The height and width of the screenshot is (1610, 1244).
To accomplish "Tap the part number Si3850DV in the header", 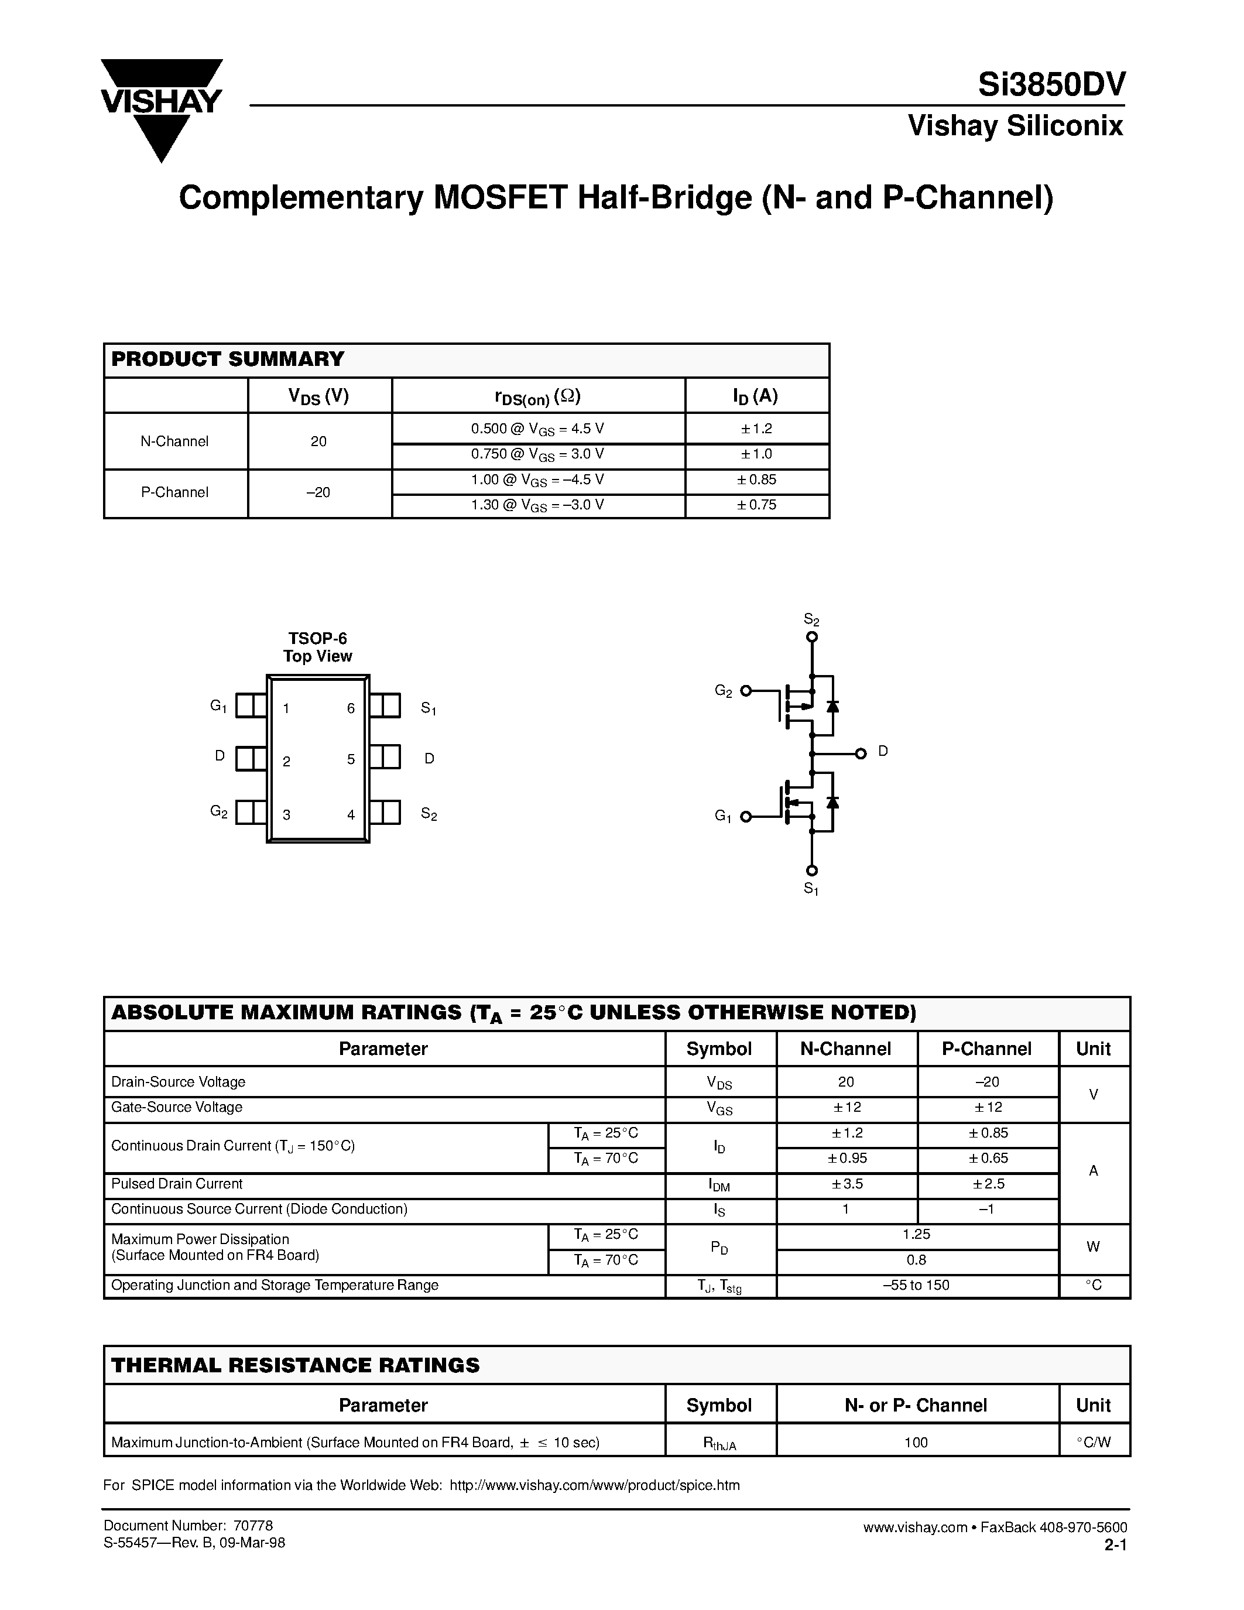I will click(1051, 85).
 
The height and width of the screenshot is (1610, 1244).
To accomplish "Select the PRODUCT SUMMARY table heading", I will click(228, 359).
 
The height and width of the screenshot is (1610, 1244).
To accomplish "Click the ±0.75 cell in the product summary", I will click(757, 505).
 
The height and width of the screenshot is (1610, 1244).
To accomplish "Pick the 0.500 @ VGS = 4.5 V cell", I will click(537, 429).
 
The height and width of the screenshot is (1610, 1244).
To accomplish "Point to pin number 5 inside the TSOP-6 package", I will click(351, 759).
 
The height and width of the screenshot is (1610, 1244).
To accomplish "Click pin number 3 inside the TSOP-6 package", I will click(287, 814).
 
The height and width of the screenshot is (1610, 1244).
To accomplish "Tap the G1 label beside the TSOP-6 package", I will click(218, 706).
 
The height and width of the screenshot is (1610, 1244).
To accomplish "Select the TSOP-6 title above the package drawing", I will click(318, 638).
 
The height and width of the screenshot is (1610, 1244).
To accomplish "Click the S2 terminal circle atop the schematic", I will click(811, 637).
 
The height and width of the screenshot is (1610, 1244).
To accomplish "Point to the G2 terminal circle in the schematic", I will click(746, 691).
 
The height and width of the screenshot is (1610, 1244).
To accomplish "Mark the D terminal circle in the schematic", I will click(860, 753).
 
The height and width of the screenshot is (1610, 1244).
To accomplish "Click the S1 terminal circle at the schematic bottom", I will click(811, 871).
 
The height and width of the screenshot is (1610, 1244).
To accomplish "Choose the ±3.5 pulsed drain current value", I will click(846, 1184).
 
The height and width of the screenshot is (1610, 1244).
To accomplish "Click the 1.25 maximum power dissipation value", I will click(916, 1234).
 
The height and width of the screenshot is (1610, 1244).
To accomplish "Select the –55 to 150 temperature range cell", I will click(916, 1285).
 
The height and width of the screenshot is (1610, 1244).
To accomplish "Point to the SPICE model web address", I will click(594, 1485).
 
